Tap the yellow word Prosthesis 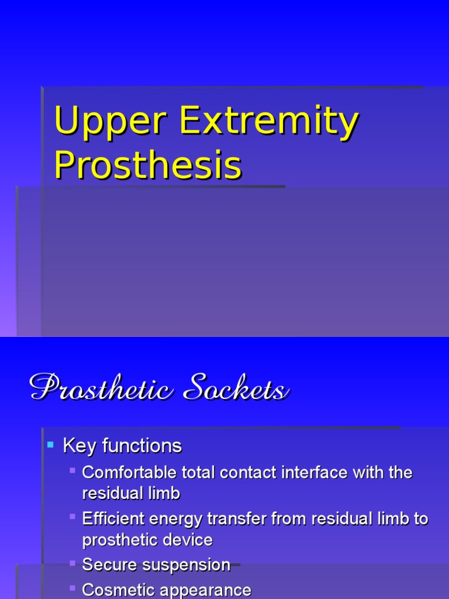point(147,165)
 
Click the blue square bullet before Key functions point(50,446)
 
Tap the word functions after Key point(141,446)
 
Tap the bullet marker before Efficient point(72,517)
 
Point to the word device point(188,540)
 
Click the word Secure point(110,565)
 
